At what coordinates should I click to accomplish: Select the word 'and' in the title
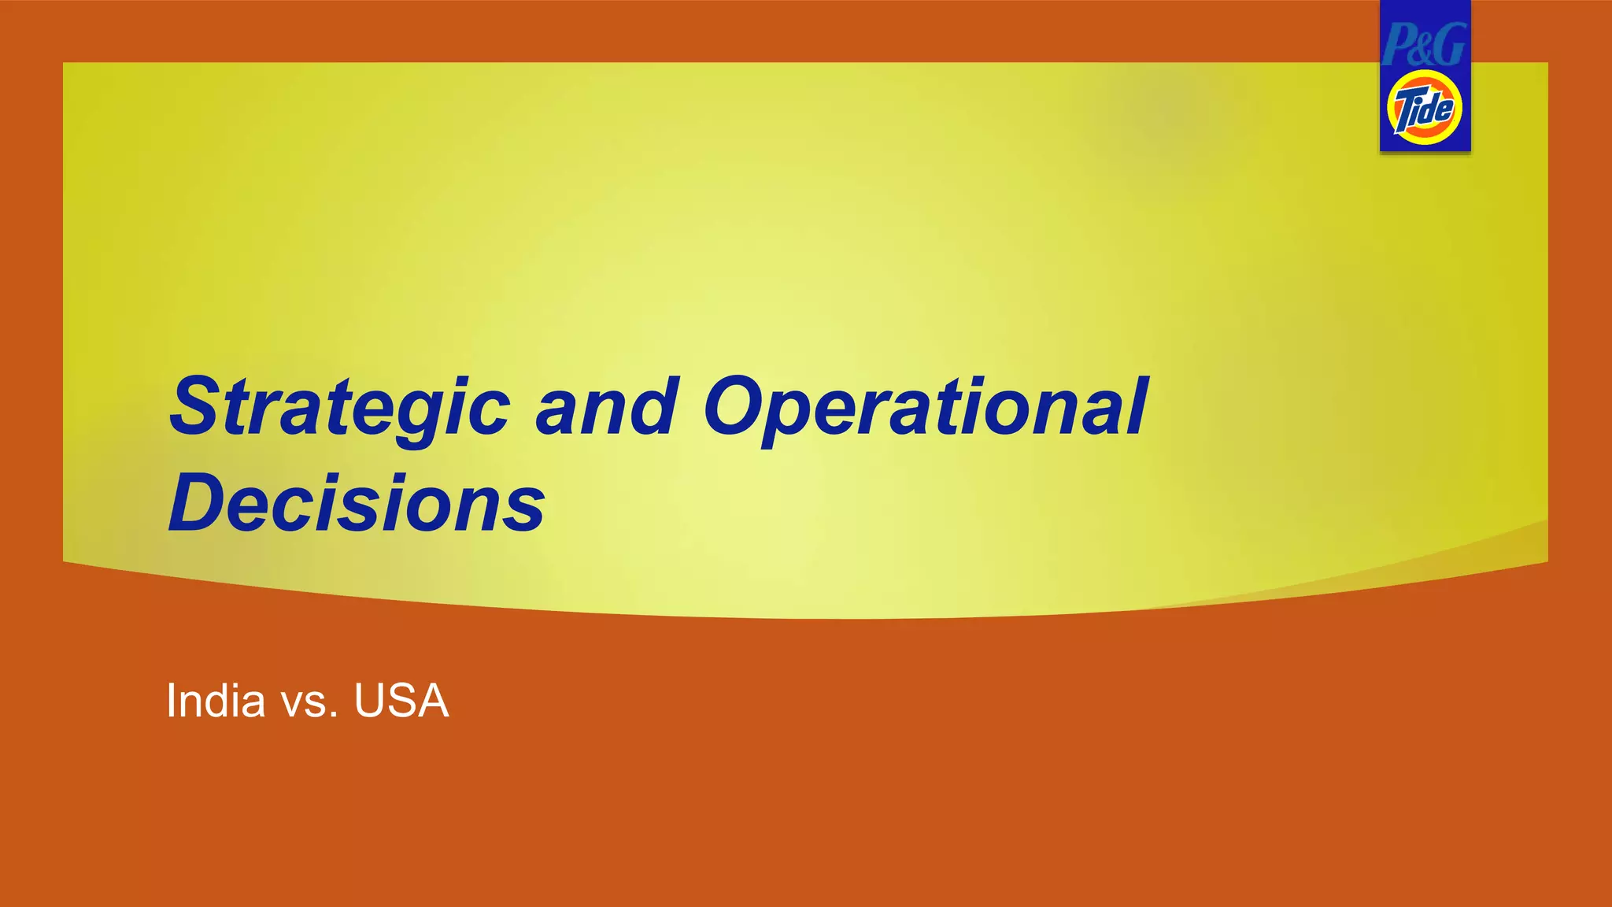(606, 407)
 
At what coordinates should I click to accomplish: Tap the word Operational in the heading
(926, 407)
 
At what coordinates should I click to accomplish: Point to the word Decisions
(357, 503)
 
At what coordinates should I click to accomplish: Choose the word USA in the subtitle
(401, 701)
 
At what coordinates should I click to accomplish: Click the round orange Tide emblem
(1425, 108)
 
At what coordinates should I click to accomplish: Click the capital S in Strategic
(198, 407)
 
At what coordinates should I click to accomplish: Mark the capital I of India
(171, 701)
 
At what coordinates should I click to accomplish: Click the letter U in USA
(369, 701)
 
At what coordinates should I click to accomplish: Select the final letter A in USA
(433, 701)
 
